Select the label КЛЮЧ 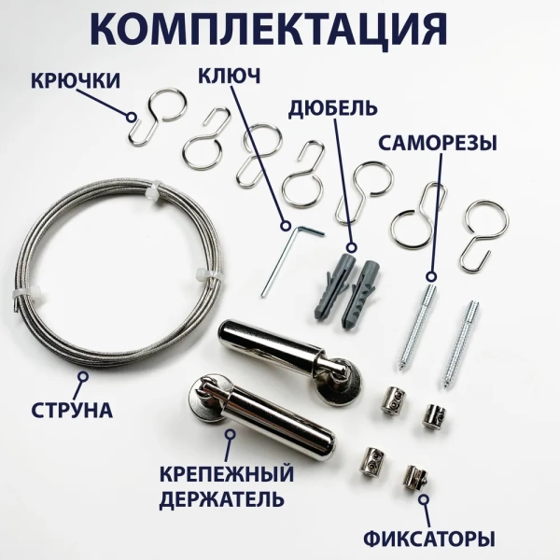(x=228, y=74)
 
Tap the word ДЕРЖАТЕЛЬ (x=222, y=499)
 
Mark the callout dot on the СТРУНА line (x=82, y=377)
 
